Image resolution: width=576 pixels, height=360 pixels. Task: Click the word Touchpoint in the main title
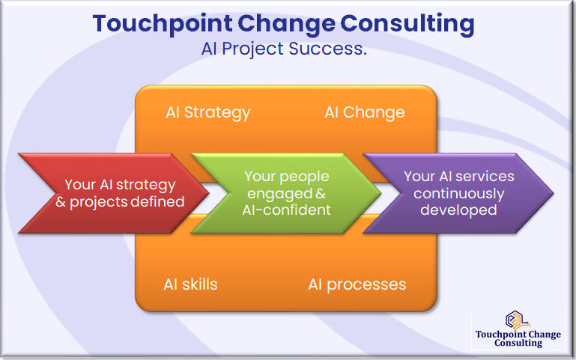click(x=163, y=24)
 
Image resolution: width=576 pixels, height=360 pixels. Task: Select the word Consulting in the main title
click(x=407, y=24)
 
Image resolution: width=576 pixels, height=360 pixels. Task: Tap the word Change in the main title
click(x=287, y=24)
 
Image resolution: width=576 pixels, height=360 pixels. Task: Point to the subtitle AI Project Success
click(x=284, y=49)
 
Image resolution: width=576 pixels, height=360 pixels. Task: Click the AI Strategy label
click(x=208, y=113)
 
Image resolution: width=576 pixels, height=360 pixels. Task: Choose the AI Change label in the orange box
click(x=365, y=113)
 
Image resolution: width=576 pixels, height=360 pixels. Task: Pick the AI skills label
click(x=191, y=284)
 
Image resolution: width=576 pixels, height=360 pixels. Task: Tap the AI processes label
click(x=357, y=284)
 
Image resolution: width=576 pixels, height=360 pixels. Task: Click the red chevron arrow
click(x=114, y=193)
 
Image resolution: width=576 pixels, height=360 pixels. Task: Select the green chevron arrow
click(x=287, y=193)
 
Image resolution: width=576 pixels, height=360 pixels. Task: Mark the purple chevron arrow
click(x=458, y=193)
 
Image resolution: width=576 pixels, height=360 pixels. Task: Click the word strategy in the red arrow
click(x=145, y=185)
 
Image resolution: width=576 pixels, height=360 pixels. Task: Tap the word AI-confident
click(x=287, y=210)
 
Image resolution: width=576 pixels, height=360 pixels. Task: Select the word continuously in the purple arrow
click(x=459, y=194)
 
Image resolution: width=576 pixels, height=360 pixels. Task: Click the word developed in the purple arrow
click(x=458, y=210)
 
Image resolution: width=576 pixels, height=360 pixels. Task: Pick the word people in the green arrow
click(x=304, y=177)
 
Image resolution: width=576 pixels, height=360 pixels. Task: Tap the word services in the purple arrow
click(x=485, y=177)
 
